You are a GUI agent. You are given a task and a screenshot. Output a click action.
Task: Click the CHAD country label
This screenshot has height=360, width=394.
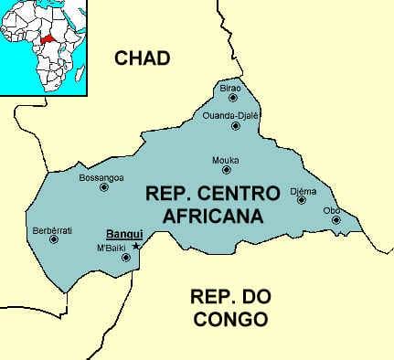click(x=143, y=58)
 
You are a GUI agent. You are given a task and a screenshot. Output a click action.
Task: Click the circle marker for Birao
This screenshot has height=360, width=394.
click(x=233, y=97)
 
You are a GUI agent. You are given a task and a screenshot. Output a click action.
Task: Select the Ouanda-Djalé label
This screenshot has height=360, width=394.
click(x=232, y=115)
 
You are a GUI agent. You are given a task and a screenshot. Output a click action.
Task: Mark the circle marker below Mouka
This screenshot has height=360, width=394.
click(x=226, y=170)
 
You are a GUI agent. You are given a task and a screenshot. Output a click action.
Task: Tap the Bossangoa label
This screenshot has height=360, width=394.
click(x=101, y=176)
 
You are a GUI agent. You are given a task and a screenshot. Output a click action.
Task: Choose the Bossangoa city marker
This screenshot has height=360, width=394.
click(x=103, y=187)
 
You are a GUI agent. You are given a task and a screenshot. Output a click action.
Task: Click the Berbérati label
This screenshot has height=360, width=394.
click(x=52, y=229)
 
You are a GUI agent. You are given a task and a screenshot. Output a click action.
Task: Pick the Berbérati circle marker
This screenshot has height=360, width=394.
click(x=53, y=240)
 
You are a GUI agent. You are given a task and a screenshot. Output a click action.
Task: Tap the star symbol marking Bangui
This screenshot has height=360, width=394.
click(x=136, y=246)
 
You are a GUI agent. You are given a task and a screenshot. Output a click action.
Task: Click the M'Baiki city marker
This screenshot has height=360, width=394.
click(x=125, y=258)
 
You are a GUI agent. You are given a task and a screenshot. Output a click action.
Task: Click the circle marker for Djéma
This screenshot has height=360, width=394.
click(x=301, y=199)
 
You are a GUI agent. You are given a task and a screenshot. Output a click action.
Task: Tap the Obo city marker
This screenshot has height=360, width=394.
click(x=336, y=220)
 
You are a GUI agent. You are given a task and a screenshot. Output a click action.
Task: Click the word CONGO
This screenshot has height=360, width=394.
click(x=229, y=320)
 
